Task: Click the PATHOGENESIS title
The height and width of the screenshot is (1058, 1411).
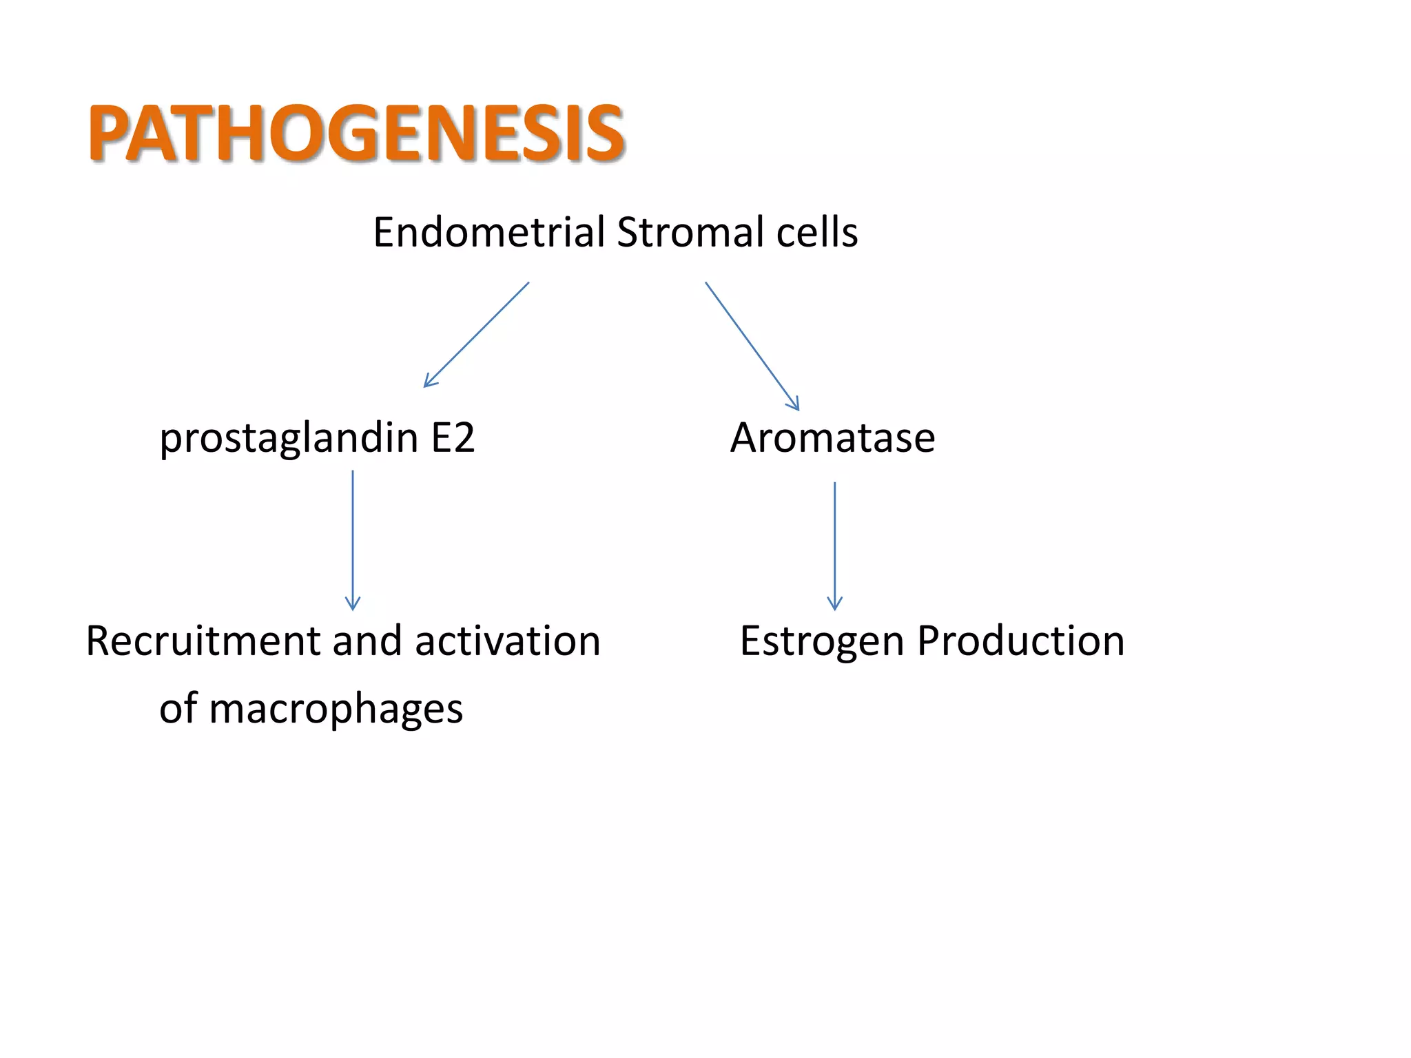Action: (356, 134)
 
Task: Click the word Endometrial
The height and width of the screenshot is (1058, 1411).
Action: (488, 232)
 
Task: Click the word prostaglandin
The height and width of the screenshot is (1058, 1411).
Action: (289, 439)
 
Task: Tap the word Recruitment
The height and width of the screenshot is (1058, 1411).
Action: (203, 641)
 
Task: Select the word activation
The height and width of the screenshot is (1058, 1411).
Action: (507, 641)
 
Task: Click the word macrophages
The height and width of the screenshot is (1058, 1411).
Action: (336, 709)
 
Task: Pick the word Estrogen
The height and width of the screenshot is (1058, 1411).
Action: (821, 641)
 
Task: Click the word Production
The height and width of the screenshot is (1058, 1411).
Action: (1020, 641)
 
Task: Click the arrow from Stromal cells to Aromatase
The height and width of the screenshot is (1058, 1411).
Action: (752, 346)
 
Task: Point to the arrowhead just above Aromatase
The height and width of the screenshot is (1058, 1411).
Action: (794, 404)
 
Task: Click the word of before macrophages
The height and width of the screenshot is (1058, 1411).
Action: (178, 709)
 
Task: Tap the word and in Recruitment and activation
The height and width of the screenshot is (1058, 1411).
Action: (367, 641)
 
